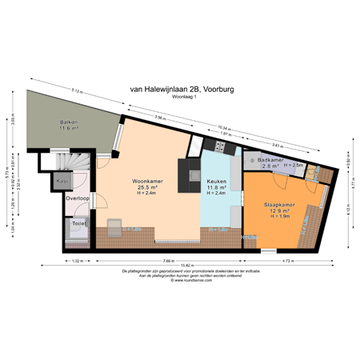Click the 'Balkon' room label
coord(67,122)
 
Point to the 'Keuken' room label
coord(217,182)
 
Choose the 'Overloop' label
coord(78,197)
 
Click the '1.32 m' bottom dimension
coord(78,262)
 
